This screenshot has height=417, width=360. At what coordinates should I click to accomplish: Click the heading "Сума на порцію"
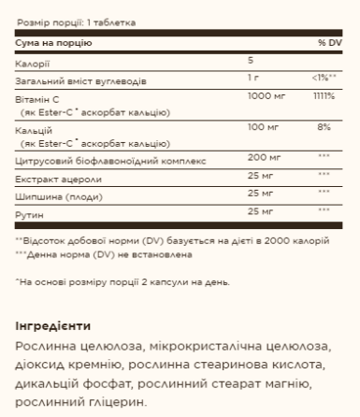[x=50, y=43]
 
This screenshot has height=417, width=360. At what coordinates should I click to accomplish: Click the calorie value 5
[x=238, y=60]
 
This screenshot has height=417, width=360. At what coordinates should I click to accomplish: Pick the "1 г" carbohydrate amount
[x=240, y=78]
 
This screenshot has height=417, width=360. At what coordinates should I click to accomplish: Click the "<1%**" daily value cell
[x=325, y=78]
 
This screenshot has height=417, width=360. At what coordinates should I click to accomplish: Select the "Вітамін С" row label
[x=36, y=98]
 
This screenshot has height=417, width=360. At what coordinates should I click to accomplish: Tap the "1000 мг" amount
[x=251, y=96]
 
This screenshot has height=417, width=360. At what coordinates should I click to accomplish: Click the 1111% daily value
[x=325, y=96]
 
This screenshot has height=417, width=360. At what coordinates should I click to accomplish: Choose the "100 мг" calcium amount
[x=249, y=124]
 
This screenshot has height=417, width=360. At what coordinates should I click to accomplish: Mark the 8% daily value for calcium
[x=325, y=124]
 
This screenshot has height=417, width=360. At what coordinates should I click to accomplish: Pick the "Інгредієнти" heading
[x=52, y=326]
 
